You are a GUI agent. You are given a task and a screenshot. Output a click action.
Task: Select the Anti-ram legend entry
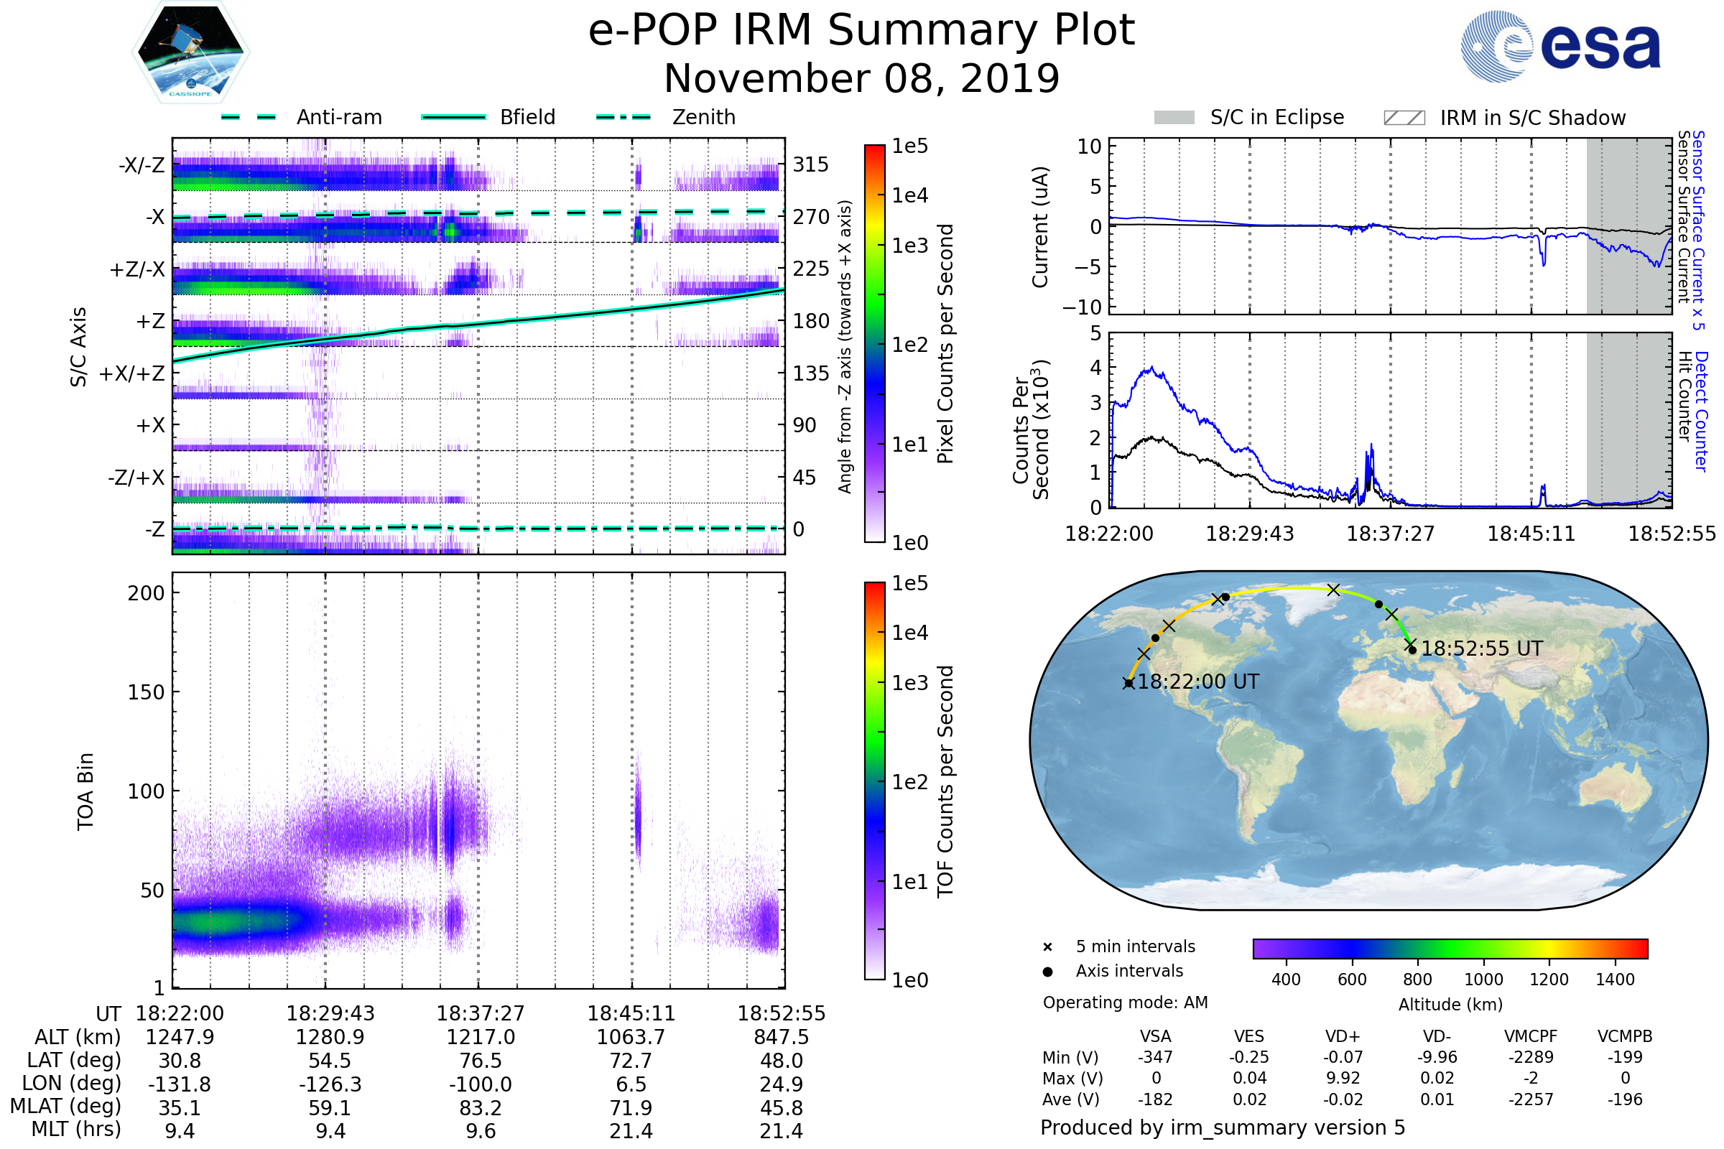[301, 117]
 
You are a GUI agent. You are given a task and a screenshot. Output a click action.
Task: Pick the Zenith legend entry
[666, 117]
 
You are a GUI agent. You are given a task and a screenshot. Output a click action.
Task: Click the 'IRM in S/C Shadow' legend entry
[1504, 118]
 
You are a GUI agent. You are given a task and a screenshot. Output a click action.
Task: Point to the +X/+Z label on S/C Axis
[132, 373]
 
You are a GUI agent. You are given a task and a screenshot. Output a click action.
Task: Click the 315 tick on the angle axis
[811, 164]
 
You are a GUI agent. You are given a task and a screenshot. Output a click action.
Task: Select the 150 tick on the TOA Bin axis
[146, 692]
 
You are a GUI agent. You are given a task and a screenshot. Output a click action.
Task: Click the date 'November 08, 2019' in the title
[861, 79]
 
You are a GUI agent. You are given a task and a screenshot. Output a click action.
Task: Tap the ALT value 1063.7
[631, 1038]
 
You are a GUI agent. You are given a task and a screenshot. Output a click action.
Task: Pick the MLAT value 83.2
[481, 1108]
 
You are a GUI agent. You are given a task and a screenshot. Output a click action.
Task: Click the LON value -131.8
[180, 1084]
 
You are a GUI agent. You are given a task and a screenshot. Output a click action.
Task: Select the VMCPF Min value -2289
[1531, 1057]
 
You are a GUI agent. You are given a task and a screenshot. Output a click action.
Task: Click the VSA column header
[1155, 1037]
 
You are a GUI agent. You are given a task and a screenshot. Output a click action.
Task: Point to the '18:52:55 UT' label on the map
[1481, 648]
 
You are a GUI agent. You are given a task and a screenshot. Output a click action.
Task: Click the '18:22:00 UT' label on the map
[1197, 682]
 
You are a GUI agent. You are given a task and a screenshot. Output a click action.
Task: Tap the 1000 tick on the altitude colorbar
[1483, 980]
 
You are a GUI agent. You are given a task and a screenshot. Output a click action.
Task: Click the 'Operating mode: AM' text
[1125, 1003]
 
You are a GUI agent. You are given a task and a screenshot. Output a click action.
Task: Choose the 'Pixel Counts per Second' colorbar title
[945, 344]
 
